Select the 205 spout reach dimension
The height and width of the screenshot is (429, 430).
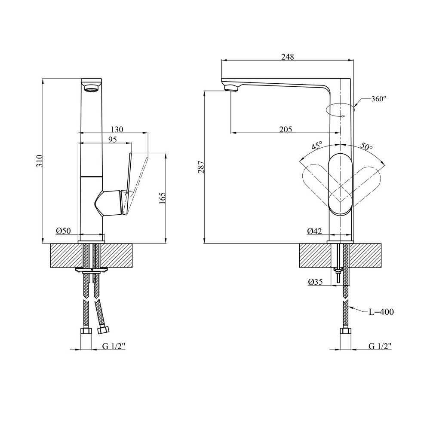(285, 129)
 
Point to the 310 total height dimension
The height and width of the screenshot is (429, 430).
(39, 161)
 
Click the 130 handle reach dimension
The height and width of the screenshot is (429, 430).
(117, 129)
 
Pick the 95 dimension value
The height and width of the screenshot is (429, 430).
(112, 140)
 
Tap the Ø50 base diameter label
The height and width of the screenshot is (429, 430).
(63, 231)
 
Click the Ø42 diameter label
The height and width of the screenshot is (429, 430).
(314, 231)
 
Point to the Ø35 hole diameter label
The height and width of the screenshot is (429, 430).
(316, 282)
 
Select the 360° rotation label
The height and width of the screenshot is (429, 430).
(378, 99)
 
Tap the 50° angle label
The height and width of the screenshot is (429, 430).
(366, 146)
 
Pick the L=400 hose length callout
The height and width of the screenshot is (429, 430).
(381, 312)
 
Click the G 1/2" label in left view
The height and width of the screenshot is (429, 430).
(114, 347)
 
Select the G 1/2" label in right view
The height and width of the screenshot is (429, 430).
(380, 347)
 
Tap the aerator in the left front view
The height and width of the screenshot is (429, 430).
(92, 89)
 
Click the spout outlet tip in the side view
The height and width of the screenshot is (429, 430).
(231, 88)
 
